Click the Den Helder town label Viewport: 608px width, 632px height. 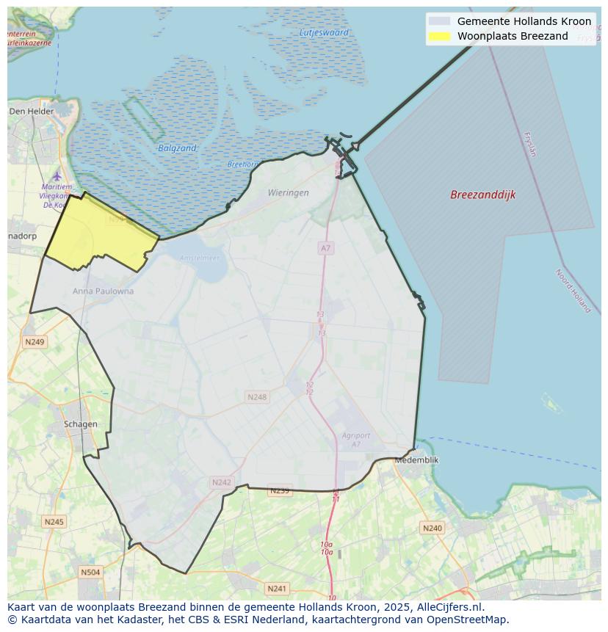[x=32, y=112]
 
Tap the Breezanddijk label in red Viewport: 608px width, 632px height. [x=482, y=195]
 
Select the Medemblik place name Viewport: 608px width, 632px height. [x=416, y=460]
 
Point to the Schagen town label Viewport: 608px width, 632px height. [x=80, y=424]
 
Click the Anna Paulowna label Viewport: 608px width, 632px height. [x=103, y=291]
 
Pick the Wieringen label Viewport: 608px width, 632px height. [x=288, y=193]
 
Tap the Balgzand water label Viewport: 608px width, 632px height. [x=177, y=148]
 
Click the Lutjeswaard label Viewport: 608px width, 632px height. [x=324, y=33]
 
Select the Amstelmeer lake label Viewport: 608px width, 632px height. [x=200, y=258]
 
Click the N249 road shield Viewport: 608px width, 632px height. [x=35, y=342]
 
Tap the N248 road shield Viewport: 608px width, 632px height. [x=257, y=397]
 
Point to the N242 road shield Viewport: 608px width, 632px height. [x=221, y=482]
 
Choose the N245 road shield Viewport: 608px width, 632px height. [x=54, y=522]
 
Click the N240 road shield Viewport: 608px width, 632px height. [x=433, y=528]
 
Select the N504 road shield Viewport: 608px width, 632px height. [x=90, y=573]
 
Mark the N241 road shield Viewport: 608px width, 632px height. [x=277, y=589]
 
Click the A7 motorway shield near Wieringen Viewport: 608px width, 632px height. [x=325, y=249]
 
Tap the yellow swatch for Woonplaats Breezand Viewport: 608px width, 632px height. [x=439, y=36]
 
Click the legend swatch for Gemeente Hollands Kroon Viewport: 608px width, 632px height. [x=439, y=21]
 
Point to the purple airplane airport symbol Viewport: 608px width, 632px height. [x=57, y=176]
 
